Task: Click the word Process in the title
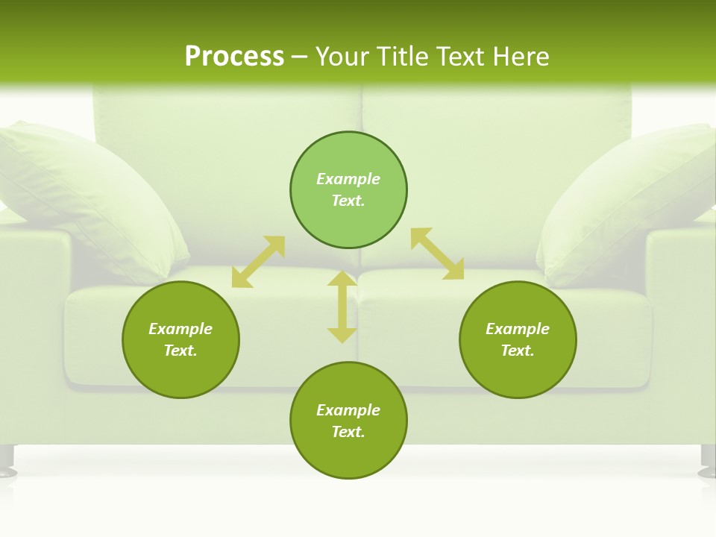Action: coord(234,57)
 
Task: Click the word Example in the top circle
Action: coord(348,179)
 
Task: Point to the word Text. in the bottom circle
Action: coord(348,432)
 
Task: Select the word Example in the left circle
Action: coord(180,329)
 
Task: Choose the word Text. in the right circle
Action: coord(518,351)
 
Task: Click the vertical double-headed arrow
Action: coord(342,307)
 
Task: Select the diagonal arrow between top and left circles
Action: coord(259,262)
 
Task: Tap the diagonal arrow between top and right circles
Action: coord(437,254)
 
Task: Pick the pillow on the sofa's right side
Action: coord(626,201)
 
